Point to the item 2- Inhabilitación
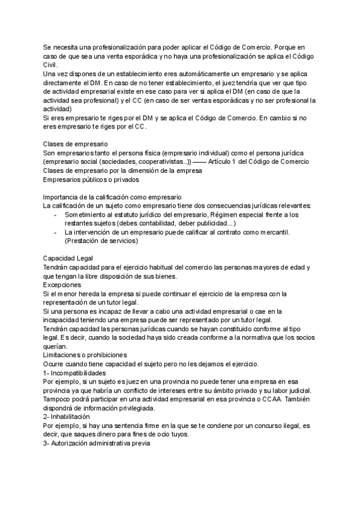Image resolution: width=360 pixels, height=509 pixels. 67,417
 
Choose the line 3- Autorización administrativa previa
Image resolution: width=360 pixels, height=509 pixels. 97,444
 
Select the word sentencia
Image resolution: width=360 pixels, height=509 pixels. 131,426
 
